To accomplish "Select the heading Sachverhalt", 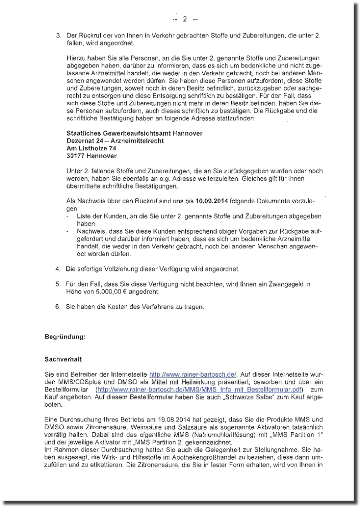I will click(60, 359).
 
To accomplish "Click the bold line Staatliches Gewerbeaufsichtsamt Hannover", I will click(134, 133).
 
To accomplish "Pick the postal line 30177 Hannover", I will click(91, 156).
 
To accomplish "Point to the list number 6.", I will click(58, 307).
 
